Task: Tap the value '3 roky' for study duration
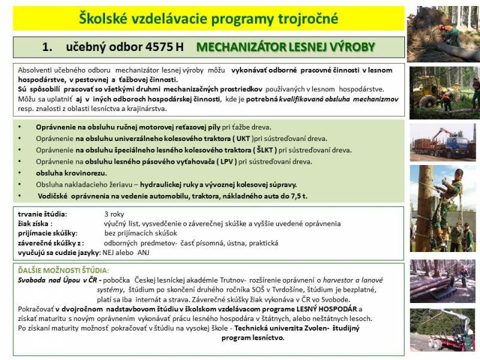115,214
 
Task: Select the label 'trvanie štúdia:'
43,214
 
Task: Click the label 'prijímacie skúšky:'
48,233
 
